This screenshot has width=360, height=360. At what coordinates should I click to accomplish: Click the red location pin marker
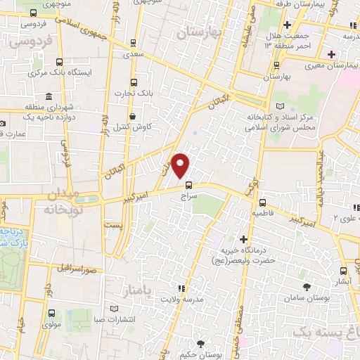tap(181, 165)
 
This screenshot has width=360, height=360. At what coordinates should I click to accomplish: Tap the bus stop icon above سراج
tap(188, 185)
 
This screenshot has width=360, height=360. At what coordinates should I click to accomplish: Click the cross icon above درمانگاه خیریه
tap(244, 240)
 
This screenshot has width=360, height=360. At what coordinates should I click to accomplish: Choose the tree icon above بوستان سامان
tap(307, 286)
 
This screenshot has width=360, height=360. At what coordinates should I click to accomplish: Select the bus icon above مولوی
tap(51, 314)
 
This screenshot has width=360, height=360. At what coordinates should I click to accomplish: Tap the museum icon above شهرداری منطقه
tap(48, 96)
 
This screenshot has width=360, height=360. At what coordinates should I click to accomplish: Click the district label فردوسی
tap(30, 41)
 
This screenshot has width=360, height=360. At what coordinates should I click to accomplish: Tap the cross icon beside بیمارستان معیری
tap(330, 54)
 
